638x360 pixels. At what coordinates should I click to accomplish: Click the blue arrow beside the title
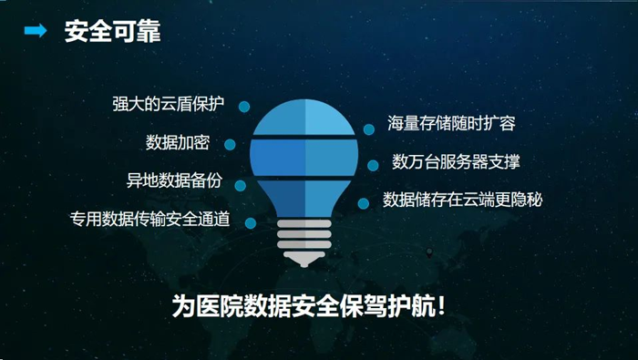[x=36, y=30]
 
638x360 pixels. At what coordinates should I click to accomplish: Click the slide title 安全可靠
[x=113, y=31]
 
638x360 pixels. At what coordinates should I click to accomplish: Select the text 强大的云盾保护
[x=168, y=104]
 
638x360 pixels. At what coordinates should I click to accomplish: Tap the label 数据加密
[x=178, y=142]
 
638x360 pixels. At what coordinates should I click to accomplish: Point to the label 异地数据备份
[x=175, y=180]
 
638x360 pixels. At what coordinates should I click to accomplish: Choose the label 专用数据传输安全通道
[x=150, y=219]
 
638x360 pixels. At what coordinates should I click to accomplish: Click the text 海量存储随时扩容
[x=451, y=123]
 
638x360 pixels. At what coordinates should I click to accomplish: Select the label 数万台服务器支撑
[x=456, y=161]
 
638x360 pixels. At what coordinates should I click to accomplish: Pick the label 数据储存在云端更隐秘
[x=463, y=200]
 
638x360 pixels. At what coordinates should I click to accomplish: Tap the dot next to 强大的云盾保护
[x=244, y=107]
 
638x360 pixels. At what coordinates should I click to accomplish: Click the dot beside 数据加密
[x=230, y=144]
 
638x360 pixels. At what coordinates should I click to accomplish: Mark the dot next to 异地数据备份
[x=241, y=186]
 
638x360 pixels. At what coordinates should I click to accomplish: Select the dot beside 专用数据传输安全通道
[x=251, y=223]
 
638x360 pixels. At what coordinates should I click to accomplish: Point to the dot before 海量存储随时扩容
[x=369, y=129]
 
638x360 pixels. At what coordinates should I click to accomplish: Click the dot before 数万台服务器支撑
[x=373, y=165]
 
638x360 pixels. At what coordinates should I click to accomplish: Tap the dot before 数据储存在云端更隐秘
[x=364, y=203]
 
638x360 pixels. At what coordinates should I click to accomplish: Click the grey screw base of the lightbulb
[x=304, y=242]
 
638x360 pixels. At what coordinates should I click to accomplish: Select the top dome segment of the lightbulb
[x=304, y=117]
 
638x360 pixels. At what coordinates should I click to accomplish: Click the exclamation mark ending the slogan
[x=441, y=306]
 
